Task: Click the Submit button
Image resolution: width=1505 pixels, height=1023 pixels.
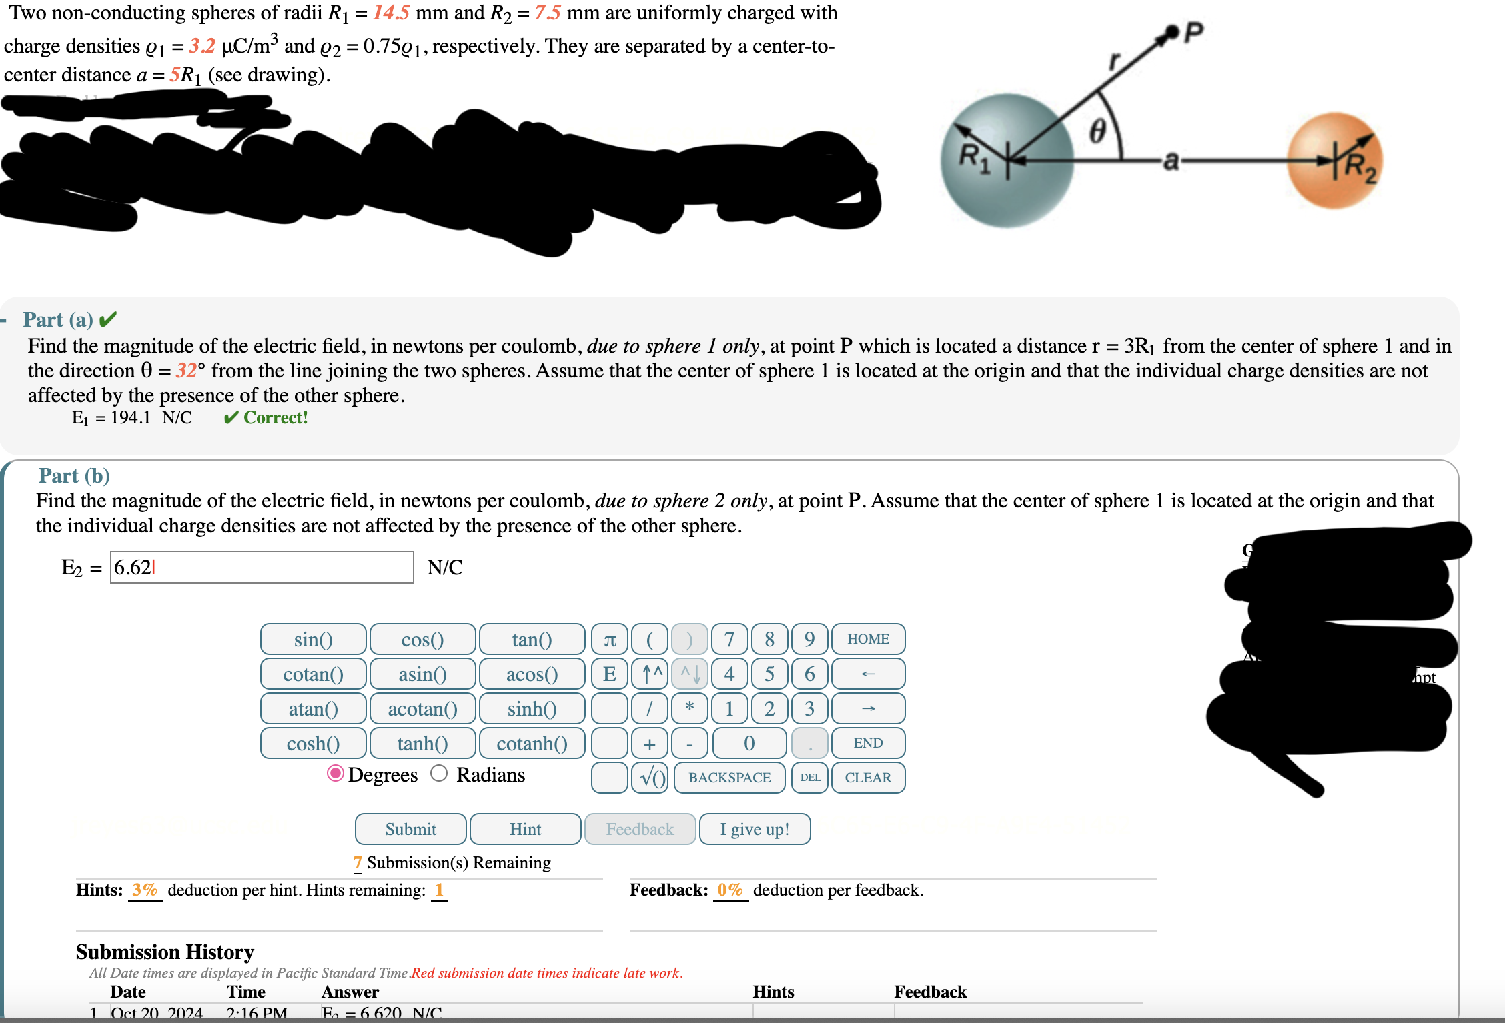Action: point(410,829)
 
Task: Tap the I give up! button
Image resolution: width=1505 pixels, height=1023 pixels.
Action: point(755,829)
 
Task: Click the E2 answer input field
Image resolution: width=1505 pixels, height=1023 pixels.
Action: point(262,568)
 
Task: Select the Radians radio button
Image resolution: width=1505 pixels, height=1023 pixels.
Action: point(439,774)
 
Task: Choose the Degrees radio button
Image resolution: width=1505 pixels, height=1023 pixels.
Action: point(336,774)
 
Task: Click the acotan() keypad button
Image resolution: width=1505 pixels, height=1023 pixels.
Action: point(422,708)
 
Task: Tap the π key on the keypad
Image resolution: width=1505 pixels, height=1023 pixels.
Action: point(610,639)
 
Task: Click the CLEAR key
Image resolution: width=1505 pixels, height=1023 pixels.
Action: point(868,778)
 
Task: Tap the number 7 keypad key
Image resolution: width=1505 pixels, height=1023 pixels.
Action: point(729,639)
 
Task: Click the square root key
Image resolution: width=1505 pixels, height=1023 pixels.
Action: point(650,778)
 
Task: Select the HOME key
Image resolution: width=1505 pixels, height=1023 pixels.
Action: point(868,639)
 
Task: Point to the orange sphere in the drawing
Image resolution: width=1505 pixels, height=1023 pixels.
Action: point(1328,160)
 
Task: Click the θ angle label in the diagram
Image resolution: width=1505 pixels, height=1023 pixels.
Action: point(1097,131)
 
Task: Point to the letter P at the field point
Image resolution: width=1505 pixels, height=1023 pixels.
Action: point(1194,32)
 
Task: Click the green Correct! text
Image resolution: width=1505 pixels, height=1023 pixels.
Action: point(275,418)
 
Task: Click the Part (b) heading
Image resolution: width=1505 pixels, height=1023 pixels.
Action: point(74,475)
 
